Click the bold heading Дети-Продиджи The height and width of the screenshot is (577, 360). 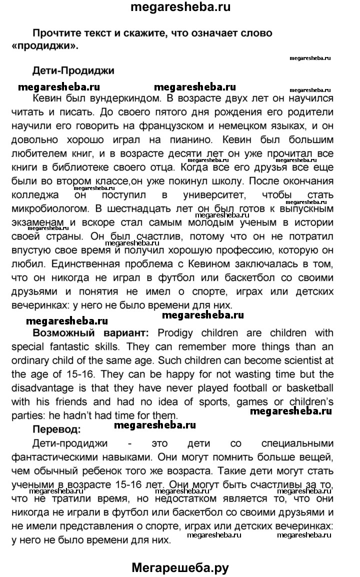point(73,70)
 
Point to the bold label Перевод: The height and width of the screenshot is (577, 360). point(56,428)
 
